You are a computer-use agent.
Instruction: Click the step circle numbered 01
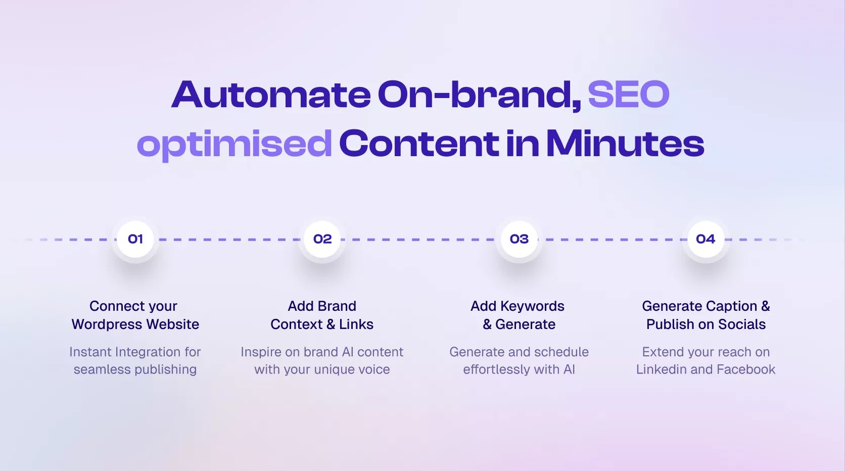pyautogui.click(x=135, y=239)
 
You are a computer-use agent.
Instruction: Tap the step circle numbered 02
pyautogui.click(x=322, y=239)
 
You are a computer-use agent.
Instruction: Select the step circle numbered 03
pyautogui.click(x=519, y=239)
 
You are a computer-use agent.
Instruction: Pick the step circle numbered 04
pyautogui.click(x=706, y=239)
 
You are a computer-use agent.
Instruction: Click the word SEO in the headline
pyautogui.click(x=629, y=94)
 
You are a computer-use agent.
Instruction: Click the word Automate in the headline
pyautogui.click(x=271, y=94)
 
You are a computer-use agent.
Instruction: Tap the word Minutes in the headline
pyautogui.click(x=625, y=144)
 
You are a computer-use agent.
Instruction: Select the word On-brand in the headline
pyautogui.click(x=480, y=95)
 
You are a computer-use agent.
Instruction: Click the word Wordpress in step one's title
pyautogui.click(x=107, y=324)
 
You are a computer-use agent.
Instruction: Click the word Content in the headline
pyautogui.click(x=419, y=144)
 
